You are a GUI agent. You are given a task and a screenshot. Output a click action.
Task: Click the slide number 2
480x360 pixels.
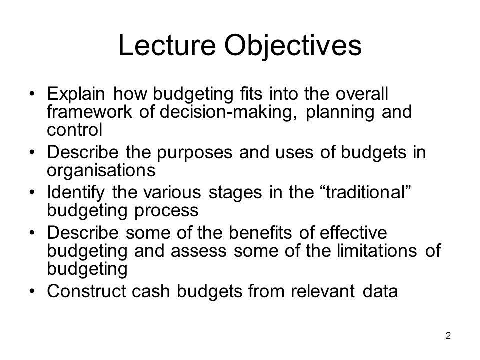[x=448, y=336]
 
